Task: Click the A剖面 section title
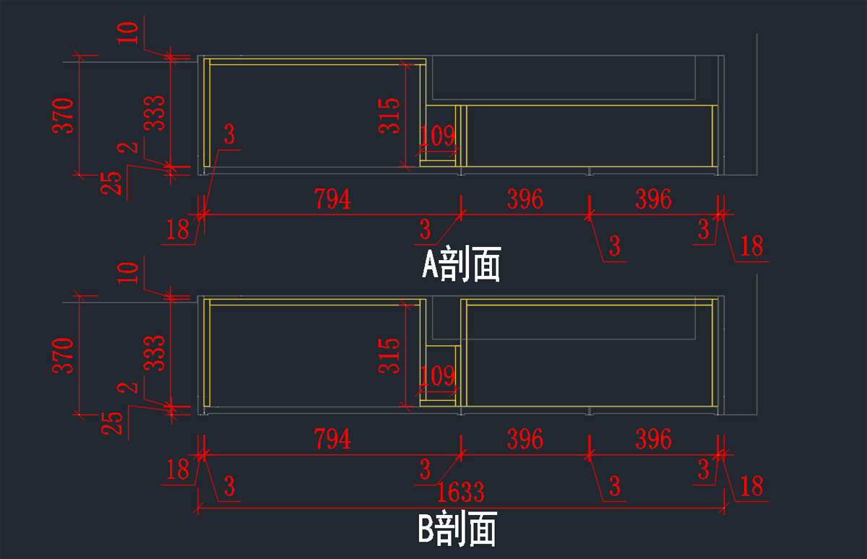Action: point(461,265)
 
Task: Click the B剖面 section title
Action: point(457,530)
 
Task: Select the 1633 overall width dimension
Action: point(460,493)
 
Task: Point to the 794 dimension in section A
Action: point(332,199)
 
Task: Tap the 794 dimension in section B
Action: point(332,439)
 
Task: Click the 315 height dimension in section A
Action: point(389,115)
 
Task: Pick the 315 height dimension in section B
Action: point(389,355)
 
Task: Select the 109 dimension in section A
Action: point(438,135)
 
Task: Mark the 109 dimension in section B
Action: point(438,376)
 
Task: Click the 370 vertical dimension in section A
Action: point(64,116)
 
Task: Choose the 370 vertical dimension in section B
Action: point(64,355)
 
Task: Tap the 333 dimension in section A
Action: point(155,113)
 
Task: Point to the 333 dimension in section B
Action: point(155,353)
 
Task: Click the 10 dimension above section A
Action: point(128,33)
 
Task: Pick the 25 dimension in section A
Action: point(111,183)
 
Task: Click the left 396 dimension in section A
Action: point(525,199)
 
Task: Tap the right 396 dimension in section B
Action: point(653,439)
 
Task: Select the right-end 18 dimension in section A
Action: point(751,246)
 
